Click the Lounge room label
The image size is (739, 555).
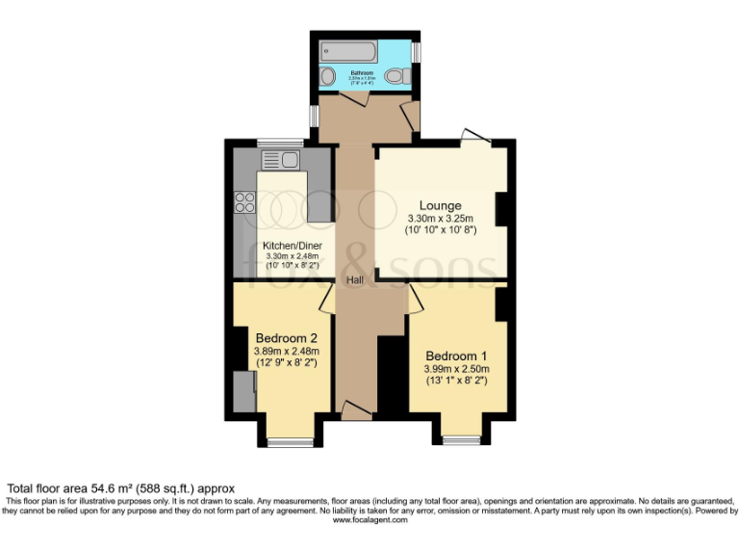coord(440,205)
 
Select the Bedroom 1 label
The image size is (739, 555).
coord(458,353)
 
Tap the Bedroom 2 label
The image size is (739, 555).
coord(286,337)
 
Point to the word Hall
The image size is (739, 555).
coord(355,279)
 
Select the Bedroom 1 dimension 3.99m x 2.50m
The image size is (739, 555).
coord(458,368)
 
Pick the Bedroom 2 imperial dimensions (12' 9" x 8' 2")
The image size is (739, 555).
coord(286,365)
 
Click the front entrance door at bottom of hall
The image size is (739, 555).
coord(356,411)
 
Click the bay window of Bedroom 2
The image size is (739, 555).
coord(290,441)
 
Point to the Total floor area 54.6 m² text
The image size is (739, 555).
coord(121,489)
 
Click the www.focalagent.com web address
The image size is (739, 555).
coord(369,519)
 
